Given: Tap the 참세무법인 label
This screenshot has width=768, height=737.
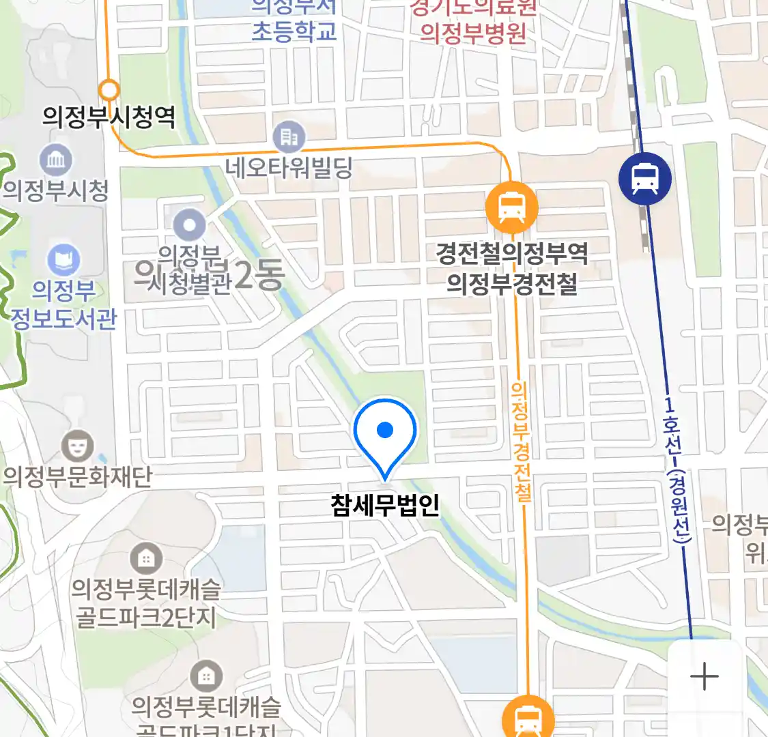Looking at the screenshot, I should tap(385, 505).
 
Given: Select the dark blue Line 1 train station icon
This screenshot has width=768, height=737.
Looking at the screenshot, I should tap(644, 178).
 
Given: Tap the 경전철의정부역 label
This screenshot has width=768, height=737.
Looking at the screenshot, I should tap(512, 254).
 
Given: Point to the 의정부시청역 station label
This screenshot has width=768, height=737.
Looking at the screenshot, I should tap(109, 117).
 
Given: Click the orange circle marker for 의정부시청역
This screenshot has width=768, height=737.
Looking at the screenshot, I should tap(109, 90).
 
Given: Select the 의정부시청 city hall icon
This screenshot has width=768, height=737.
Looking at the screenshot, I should tap(56, 160).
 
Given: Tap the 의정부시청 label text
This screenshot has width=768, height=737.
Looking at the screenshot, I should tap(56, 190).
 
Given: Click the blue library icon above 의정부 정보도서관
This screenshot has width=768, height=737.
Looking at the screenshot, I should tap(63, 261).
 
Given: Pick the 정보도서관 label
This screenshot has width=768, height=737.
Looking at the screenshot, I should tap(63, 319).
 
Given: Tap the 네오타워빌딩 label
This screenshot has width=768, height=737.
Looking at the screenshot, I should tap(289, 167).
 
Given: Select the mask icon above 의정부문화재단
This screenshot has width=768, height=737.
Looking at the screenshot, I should tap(77, 447).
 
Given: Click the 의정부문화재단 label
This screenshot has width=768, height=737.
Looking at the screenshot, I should tap(77, 476).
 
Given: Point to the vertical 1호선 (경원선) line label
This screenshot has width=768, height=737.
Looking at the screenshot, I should tap(677, 471).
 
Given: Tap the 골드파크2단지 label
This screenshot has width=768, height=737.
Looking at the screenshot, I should tap(145, 617).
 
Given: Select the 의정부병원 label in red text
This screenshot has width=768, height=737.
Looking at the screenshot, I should tap(473, 32).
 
